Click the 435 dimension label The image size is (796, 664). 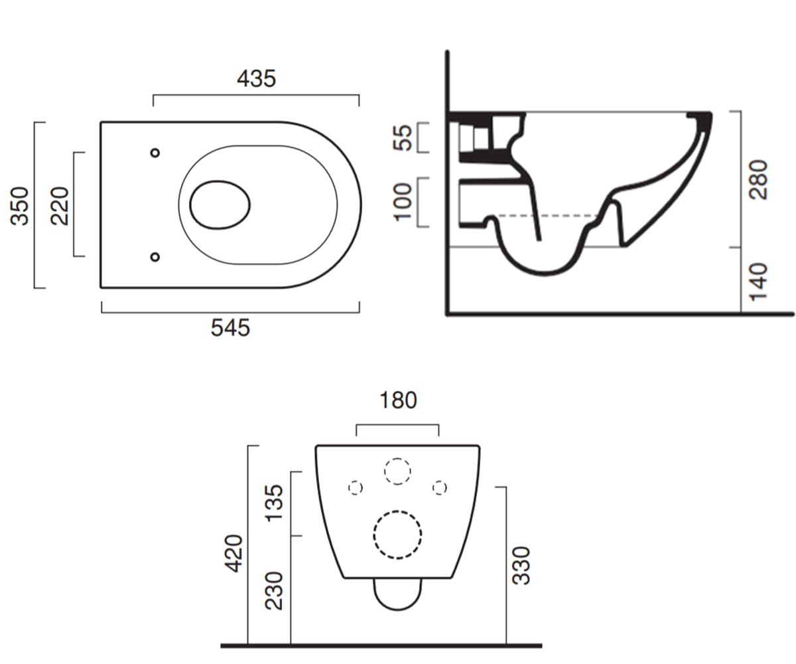[x=256, y=78]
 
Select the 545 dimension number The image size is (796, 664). [x=230, y=327]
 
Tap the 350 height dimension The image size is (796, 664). [x=19, y=206]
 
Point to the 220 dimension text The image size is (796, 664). [x=60, y=206]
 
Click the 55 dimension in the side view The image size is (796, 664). [x=403, y=137]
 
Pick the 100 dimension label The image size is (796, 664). [x=403, y=203]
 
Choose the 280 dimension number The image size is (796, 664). [x=758, y=179]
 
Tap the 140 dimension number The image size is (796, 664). [x=758, y=282]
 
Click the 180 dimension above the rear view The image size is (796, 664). [x=398, y=400]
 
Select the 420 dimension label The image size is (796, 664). [x=233, y=553]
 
